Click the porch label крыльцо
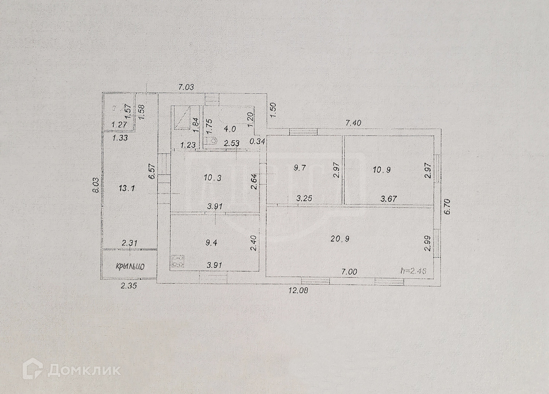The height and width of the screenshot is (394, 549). click(x=130, y=266)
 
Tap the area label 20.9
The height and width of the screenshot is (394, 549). click(x=340, y=239)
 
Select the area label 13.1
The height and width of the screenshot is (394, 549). click(x=127, y=188)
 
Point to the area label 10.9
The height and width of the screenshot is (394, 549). click(x=382, y=170)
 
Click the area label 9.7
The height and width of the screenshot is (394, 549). click(x=299, y=168)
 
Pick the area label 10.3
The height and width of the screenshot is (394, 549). click(x=213, y=178)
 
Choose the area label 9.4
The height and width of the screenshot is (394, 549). click(x=211, y=242)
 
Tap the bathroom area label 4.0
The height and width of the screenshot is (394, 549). click(x=230, y=129)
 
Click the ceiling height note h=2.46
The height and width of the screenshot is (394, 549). click(x=413, y=271)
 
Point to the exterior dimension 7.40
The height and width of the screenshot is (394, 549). click(x=353, y=123)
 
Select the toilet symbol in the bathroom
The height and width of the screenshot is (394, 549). click(x=211, y=141)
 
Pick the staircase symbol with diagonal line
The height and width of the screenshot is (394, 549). click(x=182, y=118)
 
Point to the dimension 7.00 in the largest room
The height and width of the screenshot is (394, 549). click(x=349, y=272)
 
